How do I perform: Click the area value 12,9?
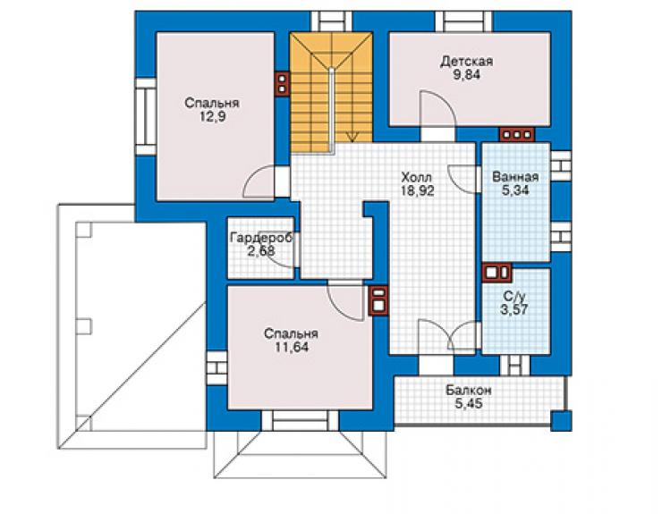(x=212, y=117)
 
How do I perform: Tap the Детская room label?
(x=466, y=61)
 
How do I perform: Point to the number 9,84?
(x=466, y=75)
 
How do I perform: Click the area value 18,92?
(x=417, y=190)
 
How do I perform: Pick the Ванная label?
(x=515, y=177)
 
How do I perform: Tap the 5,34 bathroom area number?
(x=515, y=190)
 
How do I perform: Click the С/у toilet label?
(x=514, y=296)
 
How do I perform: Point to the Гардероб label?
(x=261, y=238)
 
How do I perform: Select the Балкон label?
(x=469, y=391)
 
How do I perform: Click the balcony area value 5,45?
(x=469, y=404)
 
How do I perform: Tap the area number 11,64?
(x=292, y=348)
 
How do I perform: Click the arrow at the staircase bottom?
(x=352, y=137)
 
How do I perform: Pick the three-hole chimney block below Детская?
(x=517, y=135)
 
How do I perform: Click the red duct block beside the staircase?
(x=282, y=83)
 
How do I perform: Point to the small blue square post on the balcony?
(x=561, y=421)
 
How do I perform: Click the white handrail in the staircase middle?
(x=332, y=109)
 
